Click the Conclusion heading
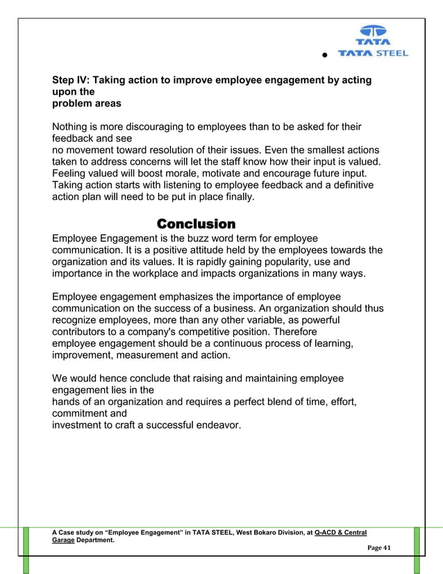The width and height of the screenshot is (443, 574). (x=196, y=224)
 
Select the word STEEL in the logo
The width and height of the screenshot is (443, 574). (x=393, y=53)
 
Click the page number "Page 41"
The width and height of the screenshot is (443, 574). (x=379, y=548)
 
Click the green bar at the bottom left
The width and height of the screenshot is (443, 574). (x=26, y=550)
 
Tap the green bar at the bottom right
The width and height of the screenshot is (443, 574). (x=417, y=550)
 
